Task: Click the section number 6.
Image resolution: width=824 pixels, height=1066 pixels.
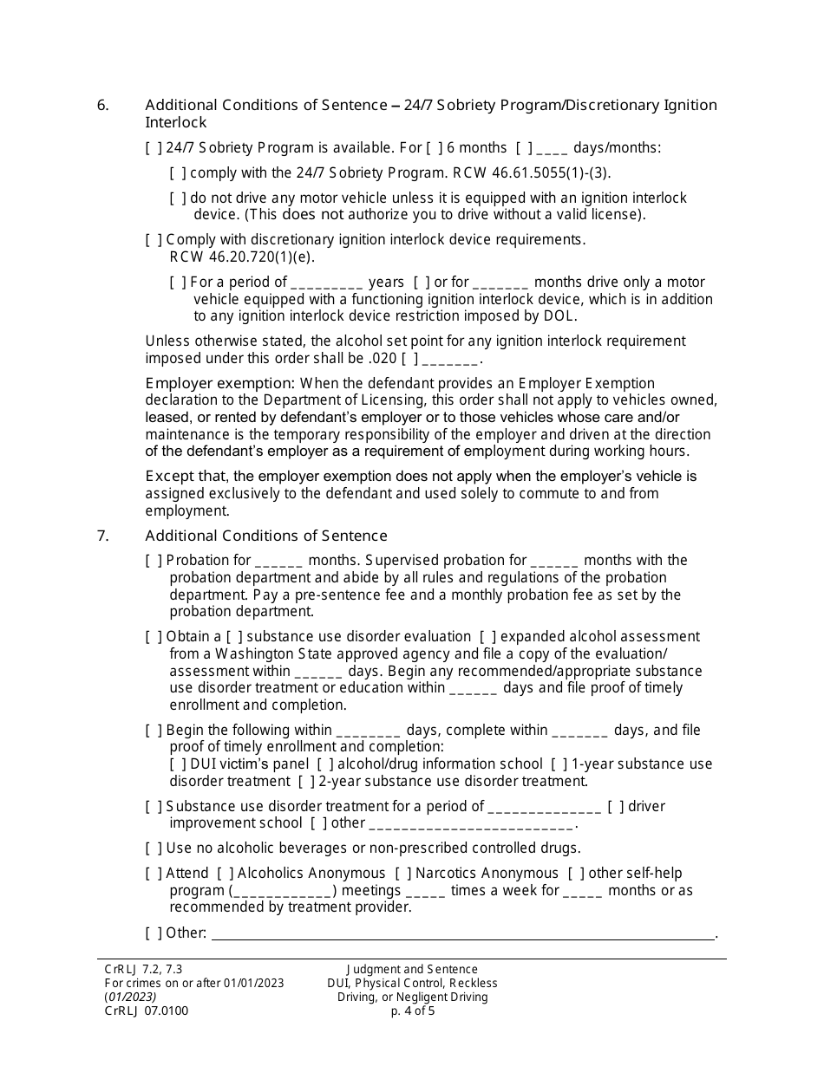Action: [x=102, y=106]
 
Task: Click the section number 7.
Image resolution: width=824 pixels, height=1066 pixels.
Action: [x=102, y=536]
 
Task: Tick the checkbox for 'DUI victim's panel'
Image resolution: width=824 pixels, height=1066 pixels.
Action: [x=178, y=764]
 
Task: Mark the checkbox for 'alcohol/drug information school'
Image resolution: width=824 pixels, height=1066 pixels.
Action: [x=324, y=764]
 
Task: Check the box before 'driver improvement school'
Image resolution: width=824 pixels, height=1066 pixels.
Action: [x=616, y=807]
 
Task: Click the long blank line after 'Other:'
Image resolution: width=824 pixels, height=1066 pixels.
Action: [x=463, y=934]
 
